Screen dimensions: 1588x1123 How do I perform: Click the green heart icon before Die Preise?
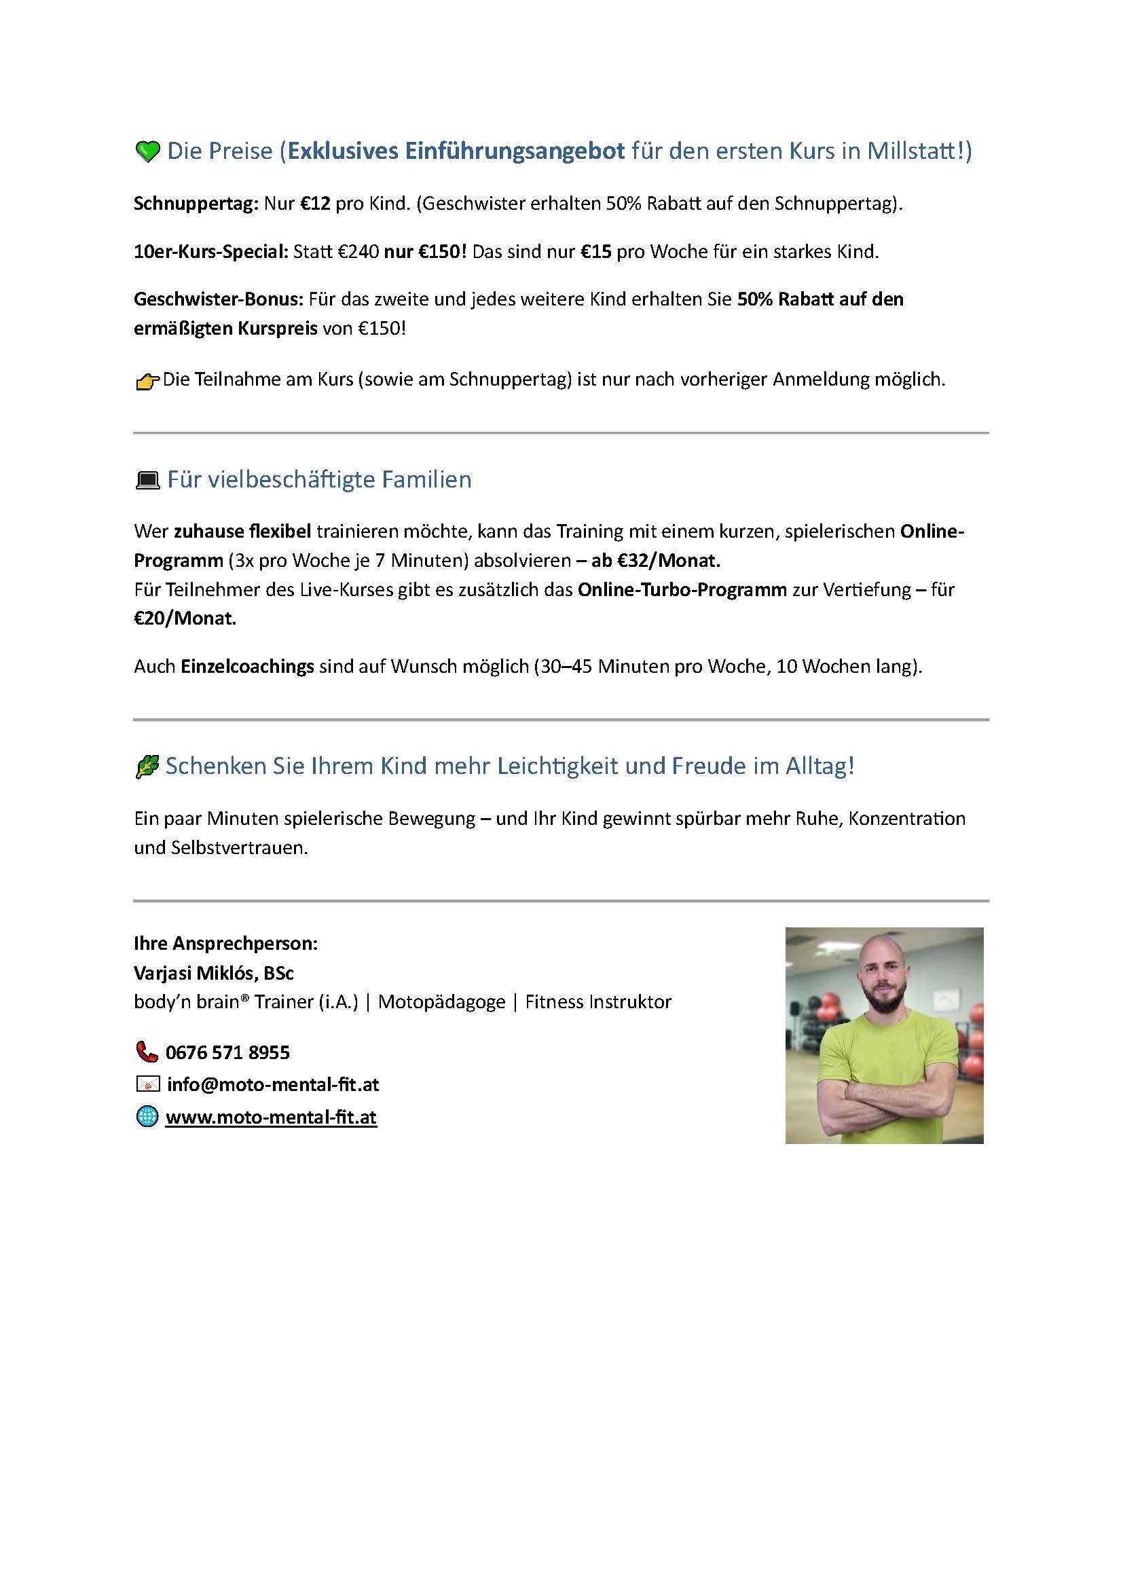[147, 151]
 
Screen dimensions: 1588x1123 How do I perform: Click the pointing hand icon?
[147, 381]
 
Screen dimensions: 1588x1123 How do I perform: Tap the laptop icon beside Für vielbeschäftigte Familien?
[147, 480]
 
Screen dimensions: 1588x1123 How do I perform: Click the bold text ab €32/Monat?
[656, 560]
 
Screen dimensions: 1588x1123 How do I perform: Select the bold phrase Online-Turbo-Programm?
[682, 589]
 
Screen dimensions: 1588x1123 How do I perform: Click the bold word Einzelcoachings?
[248, 667]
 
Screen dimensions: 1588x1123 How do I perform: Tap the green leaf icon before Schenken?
[147, 767]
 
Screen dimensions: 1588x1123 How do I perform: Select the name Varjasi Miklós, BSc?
[214, 973]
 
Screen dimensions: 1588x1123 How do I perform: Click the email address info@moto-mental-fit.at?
[273, 1084]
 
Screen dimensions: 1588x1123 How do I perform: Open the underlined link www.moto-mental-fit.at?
[271, 1117]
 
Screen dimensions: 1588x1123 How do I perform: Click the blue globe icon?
[147, 1117]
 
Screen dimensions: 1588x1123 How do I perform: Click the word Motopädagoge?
[442, 1001]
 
